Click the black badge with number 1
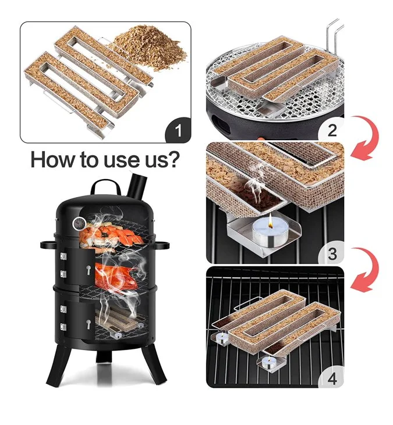pos(178,130)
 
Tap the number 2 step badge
pos(332,130)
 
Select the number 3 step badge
pos(332,253)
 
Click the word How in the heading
pos(52,159)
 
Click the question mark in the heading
pos(173,159)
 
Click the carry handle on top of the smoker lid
pos(105,185)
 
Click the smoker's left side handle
pos(48,245)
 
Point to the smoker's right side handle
pos(162,246)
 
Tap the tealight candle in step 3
pos(270,233)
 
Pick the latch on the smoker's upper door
pos(88,270)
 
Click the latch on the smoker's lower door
pos(88,324)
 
